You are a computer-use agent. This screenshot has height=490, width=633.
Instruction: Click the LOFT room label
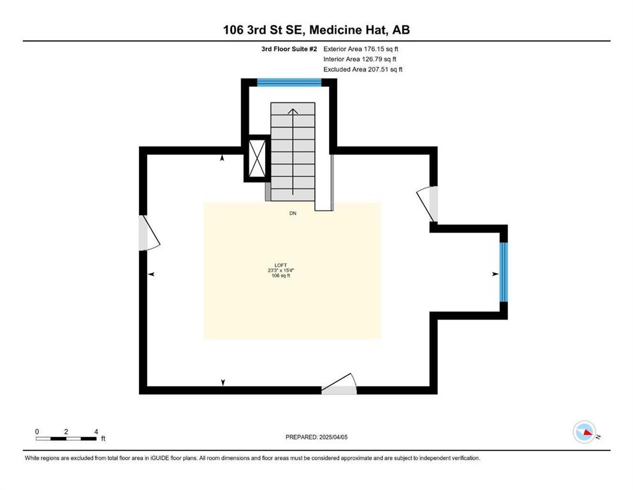pos(280,265)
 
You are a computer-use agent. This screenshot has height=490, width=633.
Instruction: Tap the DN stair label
pos(293,213)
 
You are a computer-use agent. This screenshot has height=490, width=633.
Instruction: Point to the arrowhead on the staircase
pos(293,112)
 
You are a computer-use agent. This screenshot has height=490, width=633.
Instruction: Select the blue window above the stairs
pos(289,82)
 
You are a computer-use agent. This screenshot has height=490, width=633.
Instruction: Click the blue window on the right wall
pos(504,272)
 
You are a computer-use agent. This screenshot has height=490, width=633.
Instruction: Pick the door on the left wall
pos(149,233)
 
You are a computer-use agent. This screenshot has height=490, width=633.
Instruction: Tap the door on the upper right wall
pos(428,204)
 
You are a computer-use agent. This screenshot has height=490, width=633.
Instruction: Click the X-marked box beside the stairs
pos(257,158)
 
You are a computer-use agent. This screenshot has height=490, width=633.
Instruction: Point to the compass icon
pos(585,432)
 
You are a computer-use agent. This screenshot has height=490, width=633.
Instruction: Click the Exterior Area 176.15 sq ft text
pos(361,49)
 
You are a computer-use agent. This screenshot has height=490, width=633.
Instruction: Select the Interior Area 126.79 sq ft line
pos(360,59)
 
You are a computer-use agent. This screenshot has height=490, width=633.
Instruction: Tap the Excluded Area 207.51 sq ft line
pos(363,69)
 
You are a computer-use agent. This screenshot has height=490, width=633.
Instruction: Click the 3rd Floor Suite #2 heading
pos(289,49)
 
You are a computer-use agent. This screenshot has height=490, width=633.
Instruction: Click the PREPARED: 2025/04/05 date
pos(316,437)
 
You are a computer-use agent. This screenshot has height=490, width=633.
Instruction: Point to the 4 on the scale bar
pos(96,432)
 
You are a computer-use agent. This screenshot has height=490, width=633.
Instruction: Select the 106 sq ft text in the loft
pos(281,276)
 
